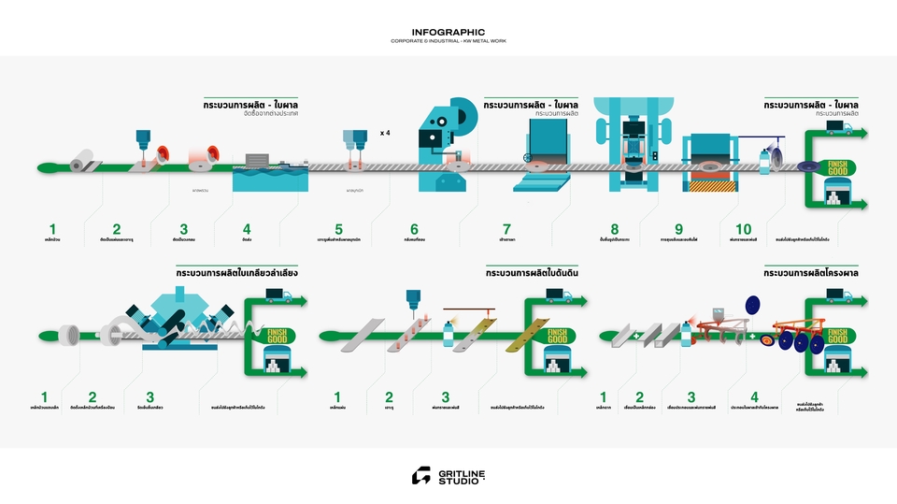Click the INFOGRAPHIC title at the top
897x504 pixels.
pos(448,32)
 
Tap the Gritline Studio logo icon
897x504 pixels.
pos(421,476)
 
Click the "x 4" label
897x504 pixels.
pos(385,133)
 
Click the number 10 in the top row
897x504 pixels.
pos(743,229)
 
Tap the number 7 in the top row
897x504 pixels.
pos(506,229)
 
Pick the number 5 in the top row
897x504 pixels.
pos(338,229)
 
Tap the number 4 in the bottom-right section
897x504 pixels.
pos(754,396)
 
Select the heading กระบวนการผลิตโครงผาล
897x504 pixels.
pos(811,273)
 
